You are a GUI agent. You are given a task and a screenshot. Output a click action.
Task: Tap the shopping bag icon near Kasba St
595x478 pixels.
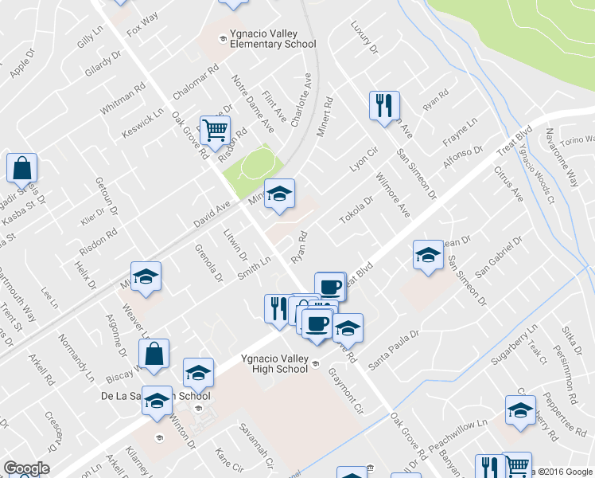pos(21,168)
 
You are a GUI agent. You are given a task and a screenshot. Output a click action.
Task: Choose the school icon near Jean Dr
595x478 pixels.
pos(427,256)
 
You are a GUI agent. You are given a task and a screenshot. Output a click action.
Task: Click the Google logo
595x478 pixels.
pos(26,468)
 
